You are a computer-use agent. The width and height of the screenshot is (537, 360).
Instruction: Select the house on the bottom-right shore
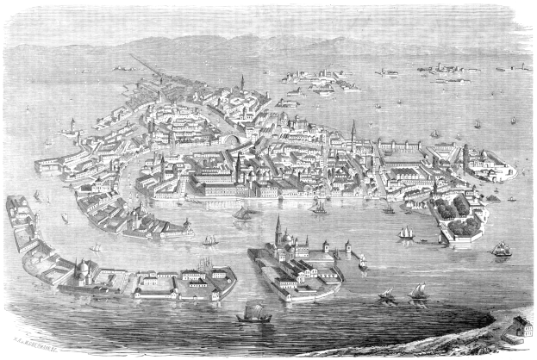(x=516, y=326)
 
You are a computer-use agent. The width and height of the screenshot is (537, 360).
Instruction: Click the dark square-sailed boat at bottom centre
(x=253, y=315)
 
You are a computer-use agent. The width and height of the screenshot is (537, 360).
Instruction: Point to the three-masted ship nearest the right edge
(x=501, y=249)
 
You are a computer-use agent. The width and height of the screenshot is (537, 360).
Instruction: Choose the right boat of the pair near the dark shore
(x=418, y=293)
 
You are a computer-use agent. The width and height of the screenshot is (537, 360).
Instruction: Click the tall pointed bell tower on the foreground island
(x=278, y=231)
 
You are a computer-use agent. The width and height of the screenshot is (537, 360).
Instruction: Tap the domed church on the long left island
(x=83, y=271)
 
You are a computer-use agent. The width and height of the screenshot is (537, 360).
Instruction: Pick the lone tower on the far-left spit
(x=72, y=127)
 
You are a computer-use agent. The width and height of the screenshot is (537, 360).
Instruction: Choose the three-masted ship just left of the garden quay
(x=405, y=233)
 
